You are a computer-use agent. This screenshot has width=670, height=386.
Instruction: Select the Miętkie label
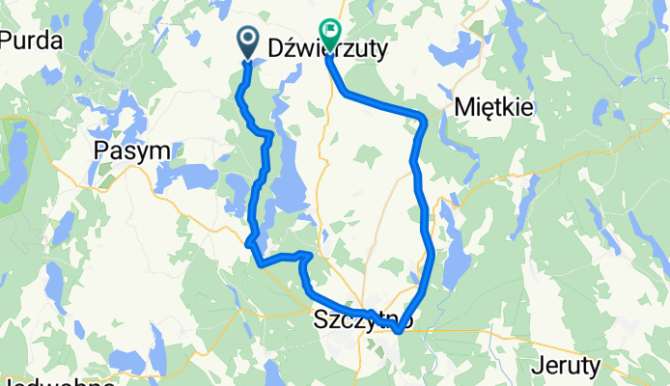[493, 107]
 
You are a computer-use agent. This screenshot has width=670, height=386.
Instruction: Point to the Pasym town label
[132, 150]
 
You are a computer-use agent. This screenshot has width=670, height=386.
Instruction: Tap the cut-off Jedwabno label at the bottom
[58, 381]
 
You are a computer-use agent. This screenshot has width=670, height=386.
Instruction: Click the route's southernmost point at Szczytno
[397, 332]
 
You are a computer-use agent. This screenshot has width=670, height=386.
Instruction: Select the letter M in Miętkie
[461, 107]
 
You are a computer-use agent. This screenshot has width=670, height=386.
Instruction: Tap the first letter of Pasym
[101, 150]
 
